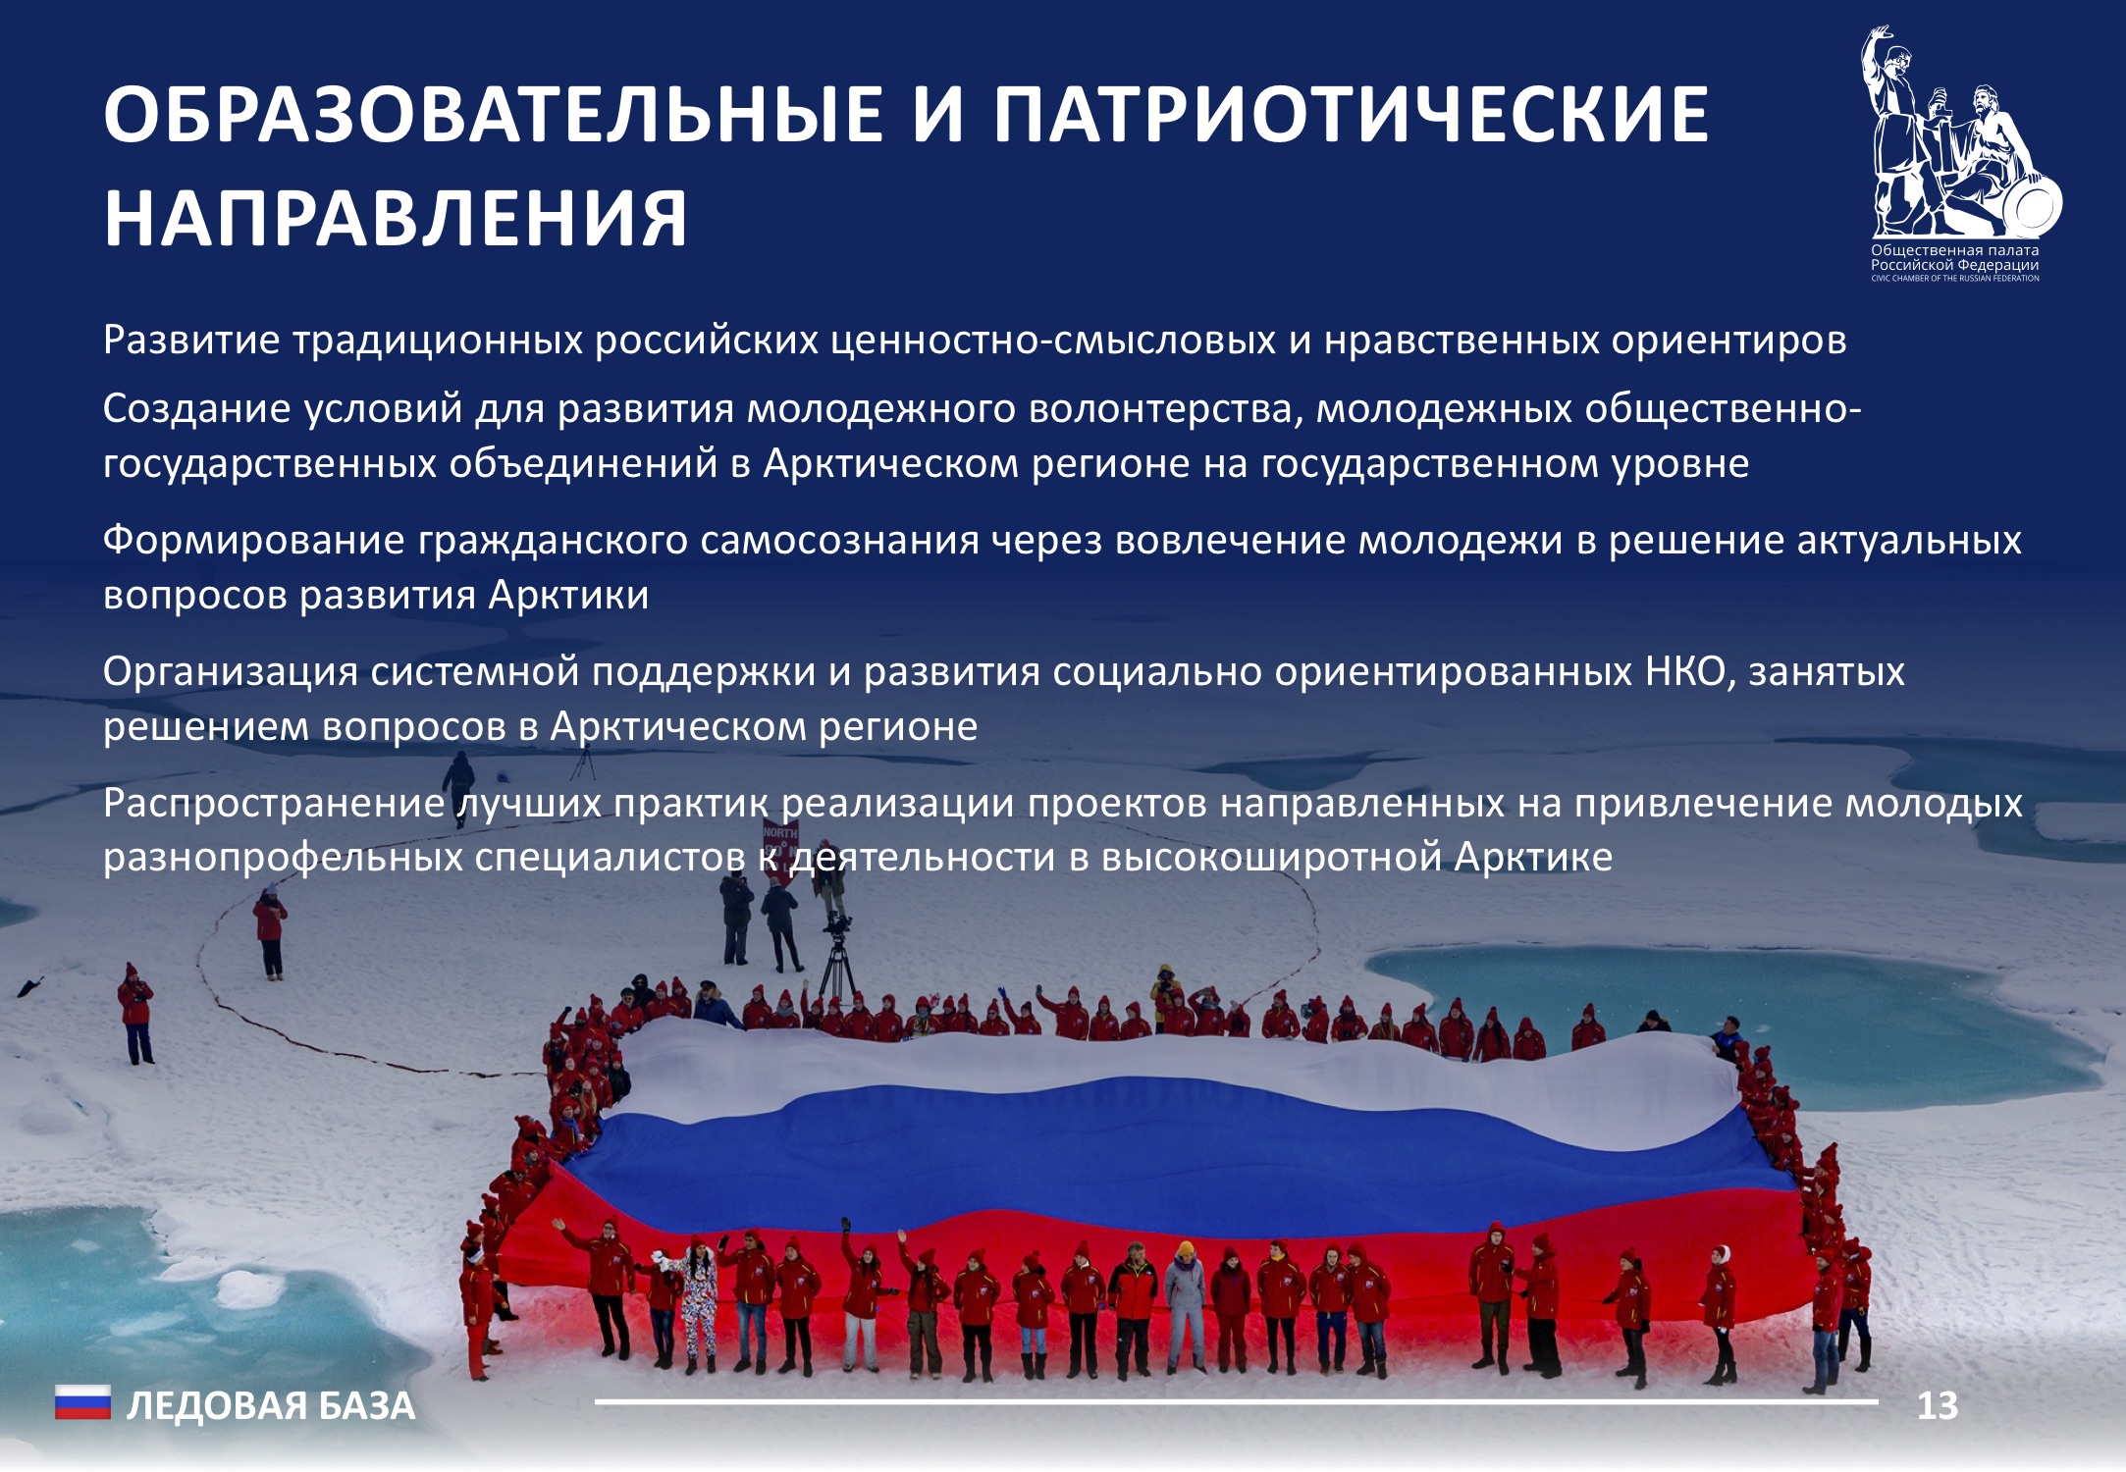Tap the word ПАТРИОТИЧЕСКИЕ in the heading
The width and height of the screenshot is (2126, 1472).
1352,115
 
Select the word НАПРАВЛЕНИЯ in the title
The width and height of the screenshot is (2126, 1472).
396,218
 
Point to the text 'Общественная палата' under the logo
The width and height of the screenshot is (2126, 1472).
1954,250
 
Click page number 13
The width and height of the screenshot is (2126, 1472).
1938,1406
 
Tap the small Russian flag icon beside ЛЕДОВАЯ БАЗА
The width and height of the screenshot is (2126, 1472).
82,1403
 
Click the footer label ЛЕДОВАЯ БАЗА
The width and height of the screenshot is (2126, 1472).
271,1406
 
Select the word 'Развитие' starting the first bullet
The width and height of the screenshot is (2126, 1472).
191,341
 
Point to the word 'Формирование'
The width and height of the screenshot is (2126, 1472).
253,541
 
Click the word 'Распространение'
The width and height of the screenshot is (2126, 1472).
274,804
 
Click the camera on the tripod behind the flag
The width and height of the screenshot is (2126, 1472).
837,924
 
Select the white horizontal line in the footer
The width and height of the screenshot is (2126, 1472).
1237,1402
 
